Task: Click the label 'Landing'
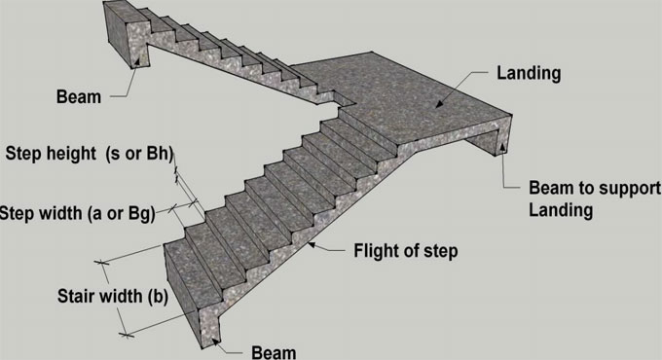(x=531, y=73)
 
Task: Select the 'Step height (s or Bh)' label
(x=89, y=153)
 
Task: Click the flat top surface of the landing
(x=409, y=92)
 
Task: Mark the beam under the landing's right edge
(x=492, y=142)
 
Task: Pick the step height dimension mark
(x=178, y=176)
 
